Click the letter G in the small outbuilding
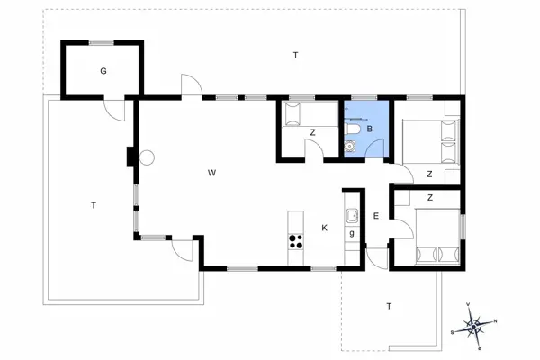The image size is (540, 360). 103,70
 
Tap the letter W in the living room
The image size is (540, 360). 211,172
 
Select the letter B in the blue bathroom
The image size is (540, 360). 369,130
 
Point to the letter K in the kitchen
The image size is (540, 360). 325,228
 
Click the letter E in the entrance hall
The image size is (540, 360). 376,215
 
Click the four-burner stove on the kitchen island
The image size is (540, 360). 294,240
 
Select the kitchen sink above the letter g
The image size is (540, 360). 352,215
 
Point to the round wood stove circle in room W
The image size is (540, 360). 147,157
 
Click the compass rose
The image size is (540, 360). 475,325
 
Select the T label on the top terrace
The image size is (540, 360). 295,56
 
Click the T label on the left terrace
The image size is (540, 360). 93,205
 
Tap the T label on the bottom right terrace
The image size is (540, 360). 389,306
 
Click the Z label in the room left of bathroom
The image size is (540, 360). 312,133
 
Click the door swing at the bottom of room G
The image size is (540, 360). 114,107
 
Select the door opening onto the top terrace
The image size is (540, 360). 190,86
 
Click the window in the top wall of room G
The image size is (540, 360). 102,41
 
